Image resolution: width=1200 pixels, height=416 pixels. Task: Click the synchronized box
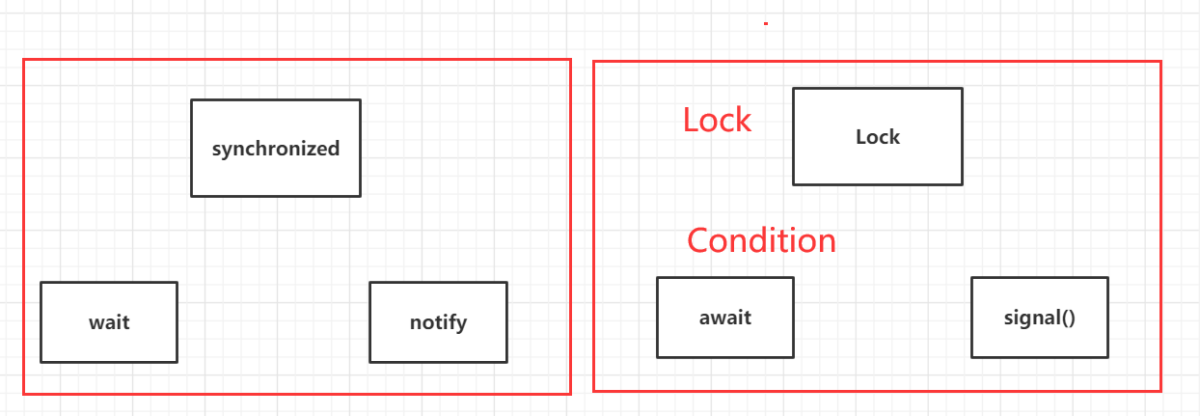[x=276, y=148]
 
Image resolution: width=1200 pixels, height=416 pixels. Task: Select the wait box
[x=109, y=321]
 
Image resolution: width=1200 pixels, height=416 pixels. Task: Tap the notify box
[x=438, y=321]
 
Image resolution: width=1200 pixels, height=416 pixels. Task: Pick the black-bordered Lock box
[x=877, y=136]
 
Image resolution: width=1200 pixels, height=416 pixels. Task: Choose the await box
[x=724, y=317]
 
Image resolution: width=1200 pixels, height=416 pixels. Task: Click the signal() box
[x=1039, y=317]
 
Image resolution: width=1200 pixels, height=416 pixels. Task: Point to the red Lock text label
[x=717, y=120]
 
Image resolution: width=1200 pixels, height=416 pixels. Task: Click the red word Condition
[x=761, y=239]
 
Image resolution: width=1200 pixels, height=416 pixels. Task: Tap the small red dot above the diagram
[x=766, y=23]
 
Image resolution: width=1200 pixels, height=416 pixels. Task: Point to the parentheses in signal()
[x=1067, y=317]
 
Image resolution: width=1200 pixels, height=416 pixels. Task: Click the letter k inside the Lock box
[x=894, y=136]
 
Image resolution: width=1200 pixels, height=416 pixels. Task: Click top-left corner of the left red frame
[x=24, y=60]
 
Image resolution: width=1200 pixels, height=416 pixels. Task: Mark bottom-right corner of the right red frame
[x=1159, y=390]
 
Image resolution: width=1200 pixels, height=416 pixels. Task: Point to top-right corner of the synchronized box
[x=360, y=99]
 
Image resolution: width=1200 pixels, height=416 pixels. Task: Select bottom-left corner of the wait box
[x=41, y=361]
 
